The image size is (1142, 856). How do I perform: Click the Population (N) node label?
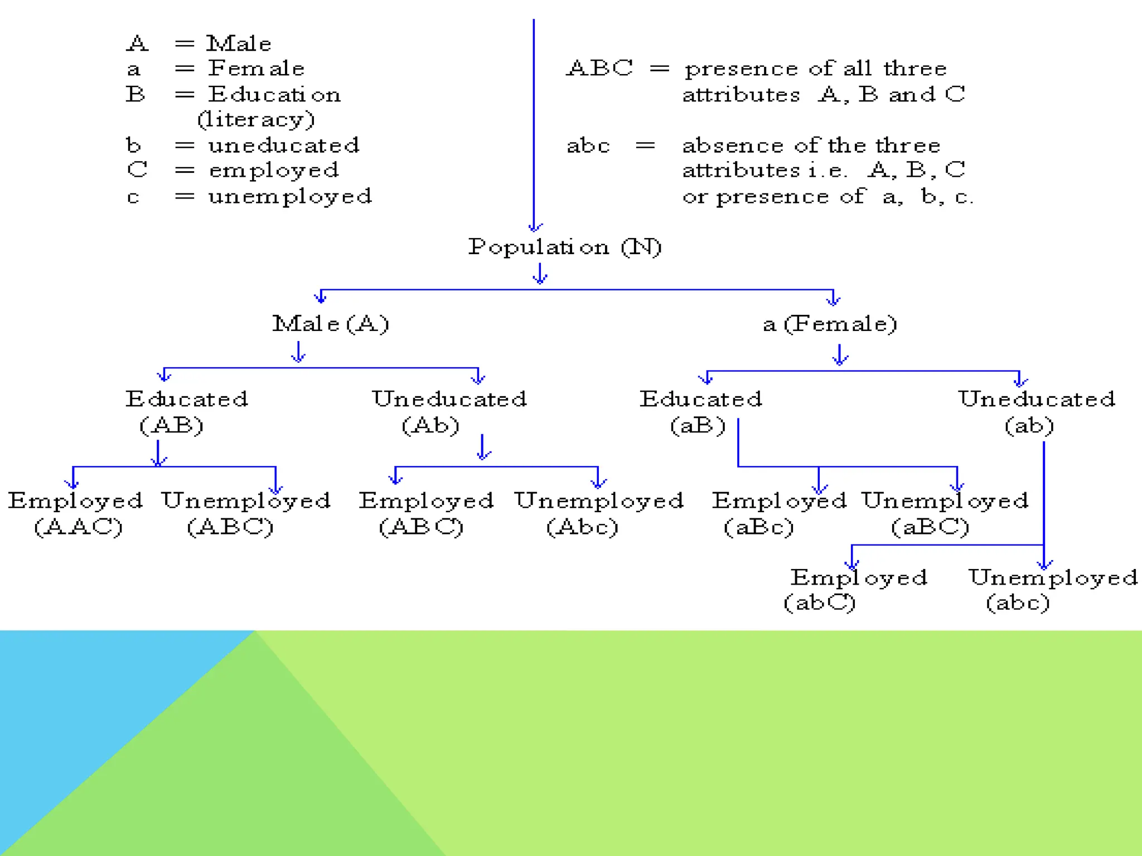(x=564, y=247)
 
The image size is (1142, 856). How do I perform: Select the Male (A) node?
(x=330, y=324)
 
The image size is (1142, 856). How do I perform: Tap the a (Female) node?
(x=830, y=324)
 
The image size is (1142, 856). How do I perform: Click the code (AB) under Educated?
(x=171, y=426)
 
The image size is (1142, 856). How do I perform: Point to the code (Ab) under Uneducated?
(x=430, y=426)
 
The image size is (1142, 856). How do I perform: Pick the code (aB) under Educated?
(x=698, y=426)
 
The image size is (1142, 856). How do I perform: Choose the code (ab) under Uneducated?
(x=1029, y=426)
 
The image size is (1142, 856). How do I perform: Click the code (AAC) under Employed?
(x=78, y=527)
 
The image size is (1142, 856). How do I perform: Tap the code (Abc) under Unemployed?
(x=582, y=527)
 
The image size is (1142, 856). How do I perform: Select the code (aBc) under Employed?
(x=758, y=527)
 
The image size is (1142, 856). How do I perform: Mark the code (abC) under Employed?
(x=819, y=602)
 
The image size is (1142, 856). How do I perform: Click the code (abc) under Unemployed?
(x=1018, y=602)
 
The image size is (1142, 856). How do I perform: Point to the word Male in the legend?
(x=239, y=43)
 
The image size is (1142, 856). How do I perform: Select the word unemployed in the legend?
(x=290, y=197)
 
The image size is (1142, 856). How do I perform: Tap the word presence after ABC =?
(x=741, y=69)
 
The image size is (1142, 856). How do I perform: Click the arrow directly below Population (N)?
(x=539, y=274)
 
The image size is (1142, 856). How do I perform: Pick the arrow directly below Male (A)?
(x=299, y=352)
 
